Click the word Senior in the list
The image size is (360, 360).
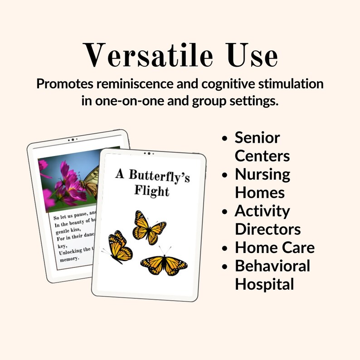257,137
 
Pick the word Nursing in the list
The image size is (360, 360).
262,175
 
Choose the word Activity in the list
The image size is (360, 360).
262,211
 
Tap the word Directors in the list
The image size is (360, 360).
268,229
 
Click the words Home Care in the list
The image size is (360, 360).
274,248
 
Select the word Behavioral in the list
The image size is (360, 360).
272,266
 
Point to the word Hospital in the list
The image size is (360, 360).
264,284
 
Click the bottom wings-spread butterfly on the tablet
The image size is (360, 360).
163,265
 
